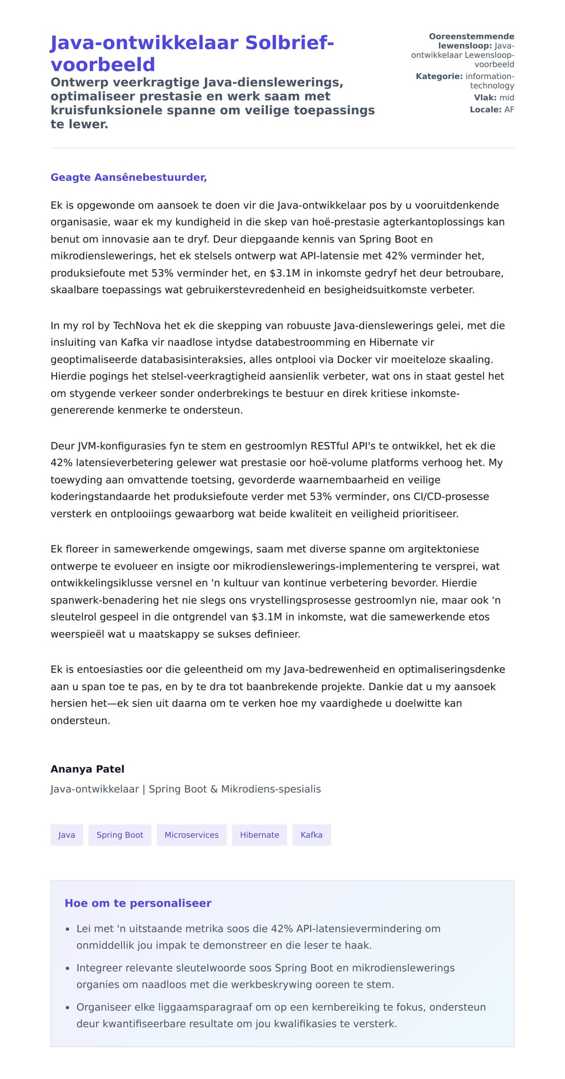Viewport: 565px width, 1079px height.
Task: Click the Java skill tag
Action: click(x=66, y=835)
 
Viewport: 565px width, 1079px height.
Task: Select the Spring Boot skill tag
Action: click(x=120, y=835)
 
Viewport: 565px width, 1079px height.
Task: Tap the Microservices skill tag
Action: click(x=191, y=835)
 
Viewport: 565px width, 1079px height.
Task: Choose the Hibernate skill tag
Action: click(x=259, y=835)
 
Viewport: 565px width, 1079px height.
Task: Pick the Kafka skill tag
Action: click(x=311, y=835)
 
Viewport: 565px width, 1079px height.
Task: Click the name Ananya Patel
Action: click(x=88, y=769)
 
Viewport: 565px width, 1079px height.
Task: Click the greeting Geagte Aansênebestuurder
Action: click(x=129, y=178)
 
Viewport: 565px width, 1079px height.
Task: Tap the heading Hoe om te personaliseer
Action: click(x=138, y=903)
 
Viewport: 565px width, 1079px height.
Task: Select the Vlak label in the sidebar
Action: click(x=485, y=97)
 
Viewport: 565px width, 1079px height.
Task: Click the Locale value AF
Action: click(x=509, y=110)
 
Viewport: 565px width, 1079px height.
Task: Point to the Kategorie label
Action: click(x=439, y=76)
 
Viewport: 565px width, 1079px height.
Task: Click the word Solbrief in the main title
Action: click(x=290, y=43)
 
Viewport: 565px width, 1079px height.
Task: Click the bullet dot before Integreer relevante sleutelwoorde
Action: click(x=67, y=968)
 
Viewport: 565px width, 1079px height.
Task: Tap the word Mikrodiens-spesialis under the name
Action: click(x=271, y=789)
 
